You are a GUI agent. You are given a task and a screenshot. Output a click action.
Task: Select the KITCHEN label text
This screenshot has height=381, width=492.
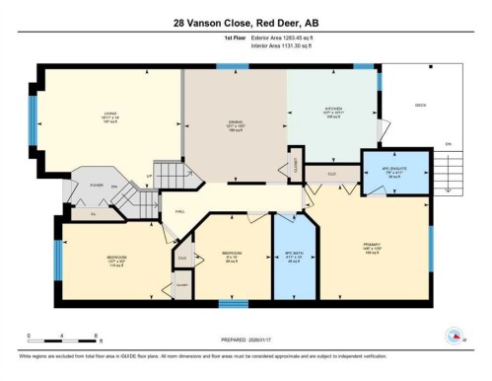pos(333,110)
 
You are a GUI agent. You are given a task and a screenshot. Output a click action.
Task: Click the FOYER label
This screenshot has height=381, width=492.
pos(98,184)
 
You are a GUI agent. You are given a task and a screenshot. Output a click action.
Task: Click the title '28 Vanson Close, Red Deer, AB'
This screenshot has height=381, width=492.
pos(246,21)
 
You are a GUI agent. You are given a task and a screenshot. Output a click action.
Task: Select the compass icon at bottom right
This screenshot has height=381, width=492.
pos(456,336)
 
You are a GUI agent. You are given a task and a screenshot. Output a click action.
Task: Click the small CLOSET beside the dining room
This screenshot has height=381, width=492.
pos(293,167)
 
